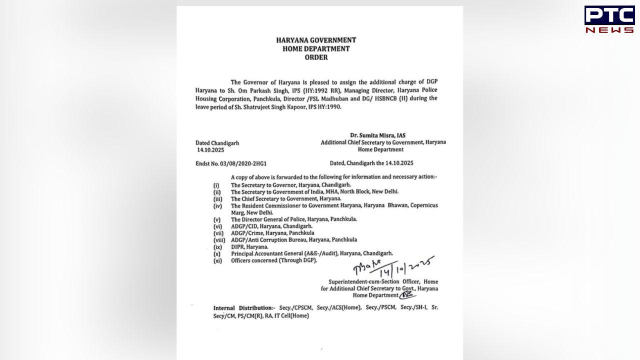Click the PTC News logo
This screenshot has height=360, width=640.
click(x=609, y=19)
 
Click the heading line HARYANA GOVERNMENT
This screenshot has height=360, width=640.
click(x=316, y=40)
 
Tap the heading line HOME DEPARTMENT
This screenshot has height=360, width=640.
click(x=316, y=48)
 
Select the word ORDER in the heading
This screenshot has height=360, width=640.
click(x=316, y=57)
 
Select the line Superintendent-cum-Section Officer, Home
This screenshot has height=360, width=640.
click(x=383, y=282)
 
